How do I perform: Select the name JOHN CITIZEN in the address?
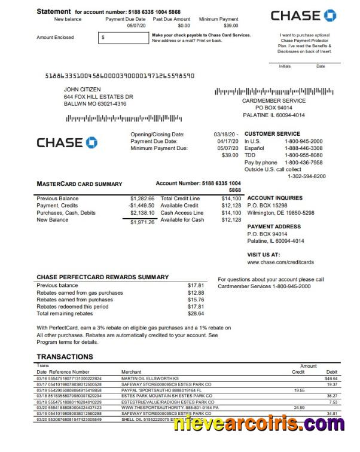click(x=83, y=89)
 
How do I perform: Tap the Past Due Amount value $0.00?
click(x=184, y=26)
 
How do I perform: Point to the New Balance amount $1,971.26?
click(x=142, y=222)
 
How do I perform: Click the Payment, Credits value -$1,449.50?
click(x=141, y=205)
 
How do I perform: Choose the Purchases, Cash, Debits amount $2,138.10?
click(x=142, y=212)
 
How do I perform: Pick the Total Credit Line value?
click(x=231, y=198)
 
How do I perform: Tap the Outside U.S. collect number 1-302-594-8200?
click(x=307, y=176)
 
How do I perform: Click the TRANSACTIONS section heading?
click(x=65, y=357)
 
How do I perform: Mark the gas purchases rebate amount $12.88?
click(x=196, y=293)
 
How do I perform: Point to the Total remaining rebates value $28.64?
click(x=196, y=313)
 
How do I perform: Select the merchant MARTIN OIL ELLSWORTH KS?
click(x=150, y=378)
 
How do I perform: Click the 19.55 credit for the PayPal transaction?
click(x=298, y=390)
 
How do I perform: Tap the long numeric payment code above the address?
click(x=120, y=76)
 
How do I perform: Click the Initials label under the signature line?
click(x=285, y=66)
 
